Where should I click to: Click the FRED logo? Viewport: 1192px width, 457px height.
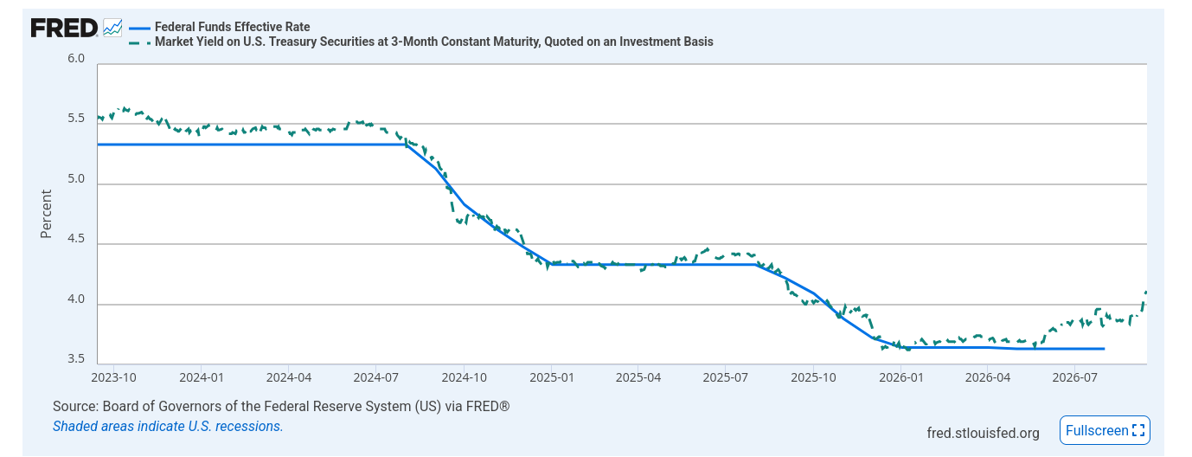64,28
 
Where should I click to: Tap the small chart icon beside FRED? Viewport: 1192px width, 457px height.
112,28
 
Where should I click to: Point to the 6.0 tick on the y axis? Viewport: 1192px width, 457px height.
76,58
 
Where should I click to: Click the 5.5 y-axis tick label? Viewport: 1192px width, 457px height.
76,118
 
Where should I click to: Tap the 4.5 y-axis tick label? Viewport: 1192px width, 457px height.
76,238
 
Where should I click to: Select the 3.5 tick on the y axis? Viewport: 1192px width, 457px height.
76,358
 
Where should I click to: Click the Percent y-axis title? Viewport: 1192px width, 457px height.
47,214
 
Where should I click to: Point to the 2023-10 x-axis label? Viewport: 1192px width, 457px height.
114,377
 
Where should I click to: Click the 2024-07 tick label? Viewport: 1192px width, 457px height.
375,377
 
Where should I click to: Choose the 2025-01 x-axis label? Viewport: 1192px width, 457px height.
552,377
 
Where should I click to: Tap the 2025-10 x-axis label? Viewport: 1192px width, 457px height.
813,377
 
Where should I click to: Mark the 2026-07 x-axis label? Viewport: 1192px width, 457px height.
1075,377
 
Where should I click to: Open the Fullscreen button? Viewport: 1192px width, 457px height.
1105,430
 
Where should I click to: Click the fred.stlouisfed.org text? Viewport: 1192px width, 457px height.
983,433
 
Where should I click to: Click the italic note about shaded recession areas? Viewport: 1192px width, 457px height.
168,426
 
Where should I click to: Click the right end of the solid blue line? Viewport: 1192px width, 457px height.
1104,349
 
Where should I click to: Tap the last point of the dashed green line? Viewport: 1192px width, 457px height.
1145,292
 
